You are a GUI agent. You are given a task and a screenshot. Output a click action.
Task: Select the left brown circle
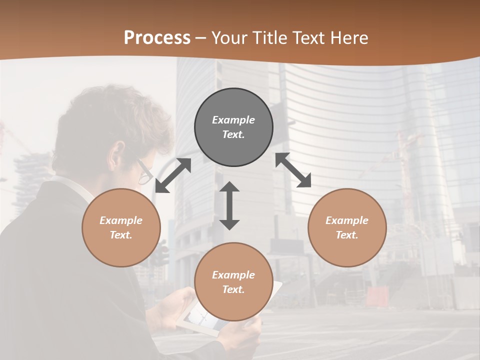tap(121, 228)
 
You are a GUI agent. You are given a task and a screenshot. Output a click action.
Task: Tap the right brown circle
tap(347, 228)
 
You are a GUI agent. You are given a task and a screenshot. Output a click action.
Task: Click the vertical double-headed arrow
tap(229, 205)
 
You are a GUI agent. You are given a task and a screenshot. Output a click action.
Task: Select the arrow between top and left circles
tap(173, 175)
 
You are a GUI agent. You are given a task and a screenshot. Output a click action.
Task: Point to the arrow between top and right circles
tap(293, 170)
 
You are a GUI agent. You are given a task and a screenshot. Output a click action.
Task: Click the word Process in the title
tap(157, 38)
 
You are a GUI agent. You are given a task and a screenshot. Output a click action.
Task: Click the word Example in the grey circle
tap(233, 120)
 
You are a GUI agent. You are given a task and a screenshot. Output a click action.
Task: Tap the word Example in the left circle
tap(121, 220)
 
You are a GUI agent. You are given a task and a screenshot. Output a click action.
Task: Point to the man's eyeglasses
tap(145, 173)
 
